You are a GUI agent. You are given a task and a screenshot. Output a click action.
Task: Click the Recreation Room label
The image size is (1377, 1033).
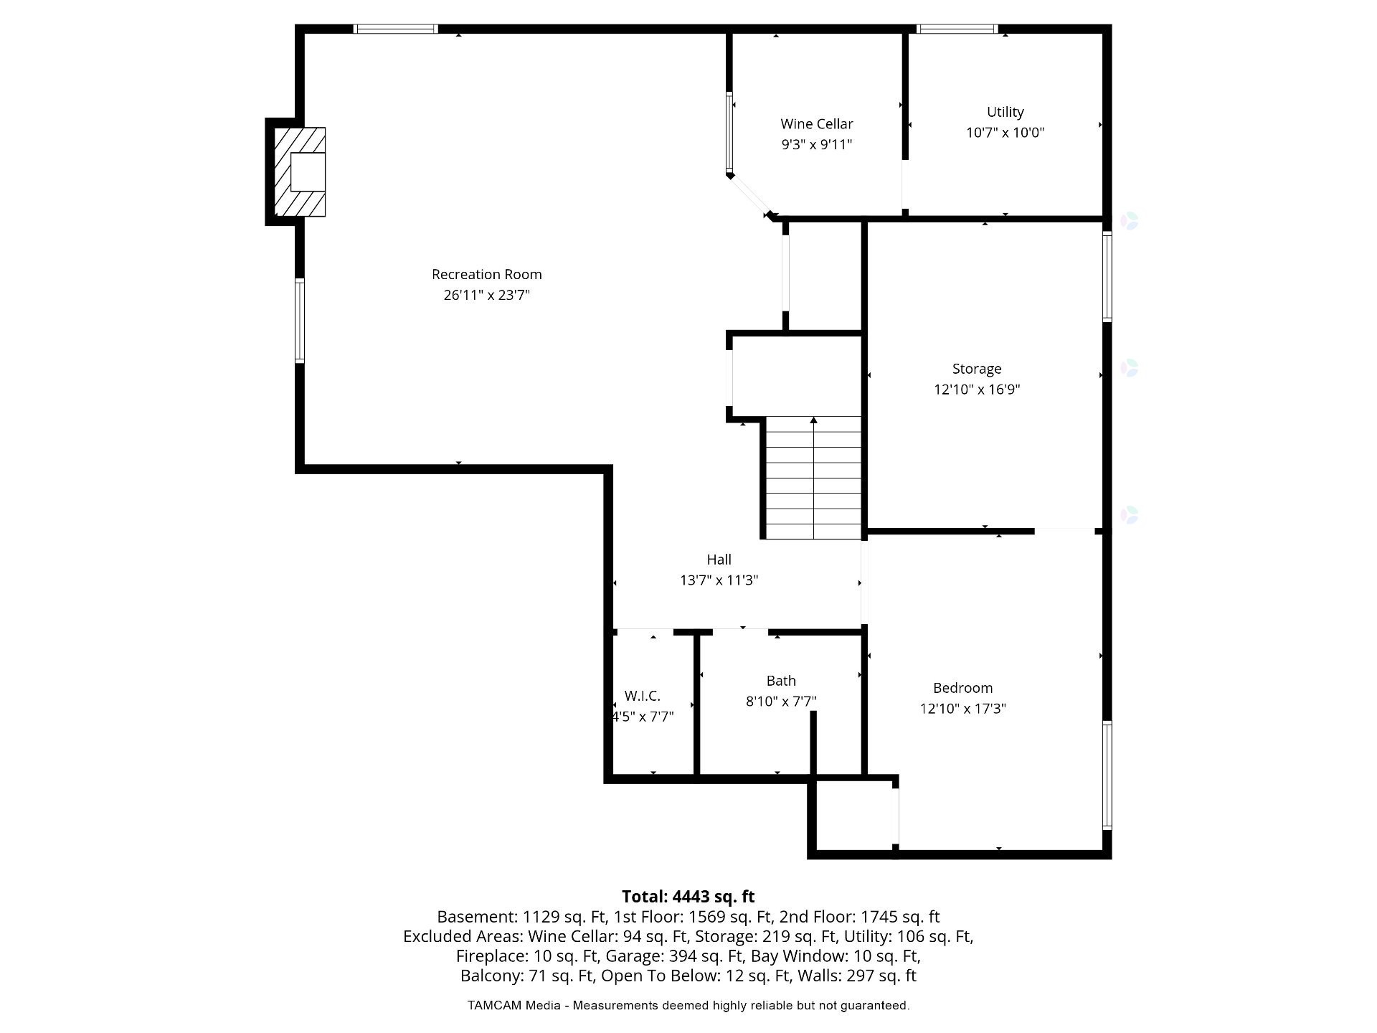pos(486,274)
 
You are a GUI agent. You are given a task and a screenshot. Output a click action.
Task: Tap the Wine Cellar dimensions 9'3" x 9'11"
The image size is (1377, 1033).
pos(816,144)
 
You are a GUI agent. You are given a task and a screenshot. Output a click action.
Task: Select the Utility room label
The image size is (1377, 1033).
pos(1005,112)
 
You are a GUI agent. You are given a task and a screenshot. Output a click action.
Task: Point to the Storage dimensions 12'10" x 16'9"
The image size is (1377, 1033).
pos(976,390)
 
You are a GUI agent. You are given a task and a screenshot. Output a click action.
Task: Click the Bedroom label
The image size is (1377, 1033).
pos(962,688)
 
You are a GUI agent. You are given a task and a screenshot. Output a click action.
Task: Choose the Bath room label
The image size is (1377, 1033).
pos(781,681)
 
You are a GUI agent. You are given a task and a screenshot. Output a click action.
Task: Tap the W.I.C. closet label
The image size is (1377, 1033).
pos(642,696)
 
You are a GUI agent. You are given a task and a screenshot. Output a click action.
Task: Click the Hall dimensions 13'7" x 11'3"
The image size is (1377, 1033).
pos(719,580)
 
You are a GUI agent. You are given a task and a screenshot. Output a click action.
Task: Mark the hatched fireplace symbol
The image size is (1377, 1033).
pos(301,172)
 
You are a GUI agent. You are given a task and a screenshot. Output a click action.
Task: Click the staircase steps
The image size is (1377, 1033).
pos(813,478)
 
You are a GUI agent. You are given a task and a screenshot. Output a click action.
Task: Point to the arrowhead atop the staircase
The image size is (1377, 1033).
pos(813,420)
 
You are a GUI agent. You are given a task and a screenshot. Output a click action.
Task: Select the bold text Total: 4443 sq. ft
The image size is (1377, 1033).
pos(688,897)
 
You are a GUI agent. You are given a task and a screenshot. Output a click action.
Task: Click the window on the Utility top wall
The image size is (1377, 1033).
pos(957,29)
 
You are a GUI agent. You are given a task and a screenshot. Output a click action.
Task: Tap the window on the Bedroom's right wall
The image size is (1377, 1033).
pos(1107,775)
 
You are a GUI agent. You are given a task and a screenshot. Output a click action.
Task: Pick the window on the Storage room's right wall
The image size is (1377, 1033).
pos(1107,277)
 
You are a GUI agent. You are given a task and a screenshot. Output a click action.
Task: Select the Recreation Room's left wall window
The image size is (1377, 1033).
pos(300,320)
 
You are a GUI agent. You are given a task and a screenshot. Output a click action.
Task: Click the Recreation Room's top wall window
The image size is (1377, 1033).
pos(396,29)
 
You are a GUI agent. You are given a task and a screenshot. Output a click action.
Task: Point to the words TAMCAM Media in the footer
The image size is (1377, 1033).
pos(514,1006)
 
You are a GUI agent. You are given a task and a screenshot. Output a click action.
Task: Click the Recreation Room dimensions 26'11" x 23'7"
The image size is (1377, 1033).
pos(486,295)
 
